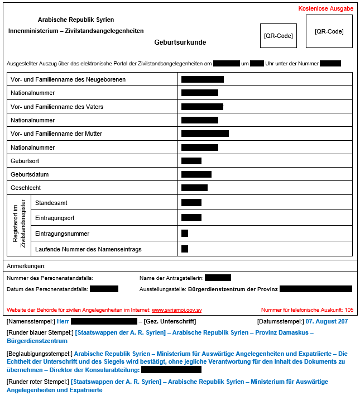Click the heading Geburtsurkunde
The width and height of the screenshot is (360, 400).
[180, 42]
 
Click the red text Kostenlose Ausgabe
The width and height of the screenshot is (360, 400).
[326, 9]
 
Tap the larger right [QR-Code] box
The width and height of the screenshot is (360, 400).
[329, 31]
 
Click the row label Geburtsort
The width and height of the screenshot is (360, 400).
[26, 161]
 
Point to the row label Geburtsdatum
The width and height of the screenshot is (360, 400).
[30, 174]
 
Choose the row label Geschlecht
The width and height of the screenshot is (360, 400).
[26, 188]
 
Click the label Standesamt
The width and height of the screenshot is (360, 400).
[51, 203]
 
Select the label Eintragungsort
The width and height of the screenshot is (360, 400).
[55, 217]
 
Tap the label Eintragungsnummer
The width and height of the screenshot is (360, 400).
[62, 234]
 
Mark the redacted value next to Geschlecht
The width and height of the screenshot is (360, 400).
[194, 188]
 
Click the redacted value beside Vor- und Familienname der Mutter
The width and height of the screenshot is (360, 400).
[205, 134]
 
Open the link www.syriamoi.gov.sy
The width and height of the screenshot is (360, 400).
[177, 309]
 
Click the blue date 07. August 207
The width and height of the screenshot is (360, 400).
[327, 321]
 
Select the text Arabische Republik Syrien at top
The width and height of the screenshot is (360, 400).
[76, 20]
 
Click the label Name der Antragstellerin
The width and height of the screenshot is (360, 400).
[170, 278]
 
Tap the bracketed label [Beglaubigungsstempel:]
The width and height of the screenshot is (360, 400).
[39, 354]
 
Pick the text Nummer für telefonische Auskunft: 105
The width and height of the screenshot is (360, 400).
[307, 309]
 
